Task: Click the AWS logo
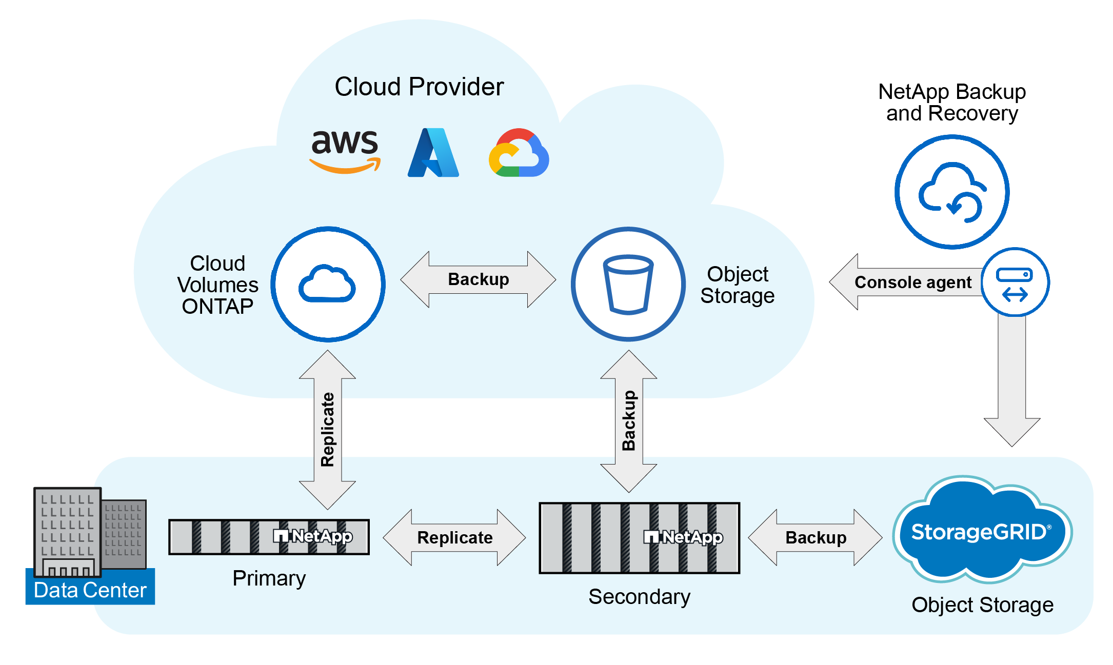(x=345, y=150)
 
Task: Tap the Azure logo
(x=433, y=153)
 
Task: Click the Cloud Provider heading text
(x=419, y=87)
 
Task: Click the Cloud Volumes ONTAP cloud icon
(x=328, y=284)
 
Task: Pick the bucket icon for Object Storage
(x=628, y=284)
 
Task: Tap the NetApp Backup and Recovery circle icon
(x=952, y=192)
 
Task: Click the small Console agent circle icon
(x=1015, y=283)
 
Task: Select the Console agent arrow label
(x=912, y=283)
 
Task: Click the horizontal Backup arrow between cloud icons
(x=478, y=279)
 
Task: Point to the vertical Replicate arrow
(x=327, y=430)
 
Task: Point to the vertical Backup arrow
(x=628, y=421)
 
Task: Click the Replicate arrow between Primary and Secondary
(x=454, y=537)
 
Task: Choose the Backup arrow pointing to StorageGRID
(x=816, y=537)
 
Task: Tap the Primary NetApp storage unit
(x=269, y=537)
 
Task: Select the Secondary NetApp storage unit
(x=639, y=537)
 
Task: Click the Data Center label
(x=90, y=590)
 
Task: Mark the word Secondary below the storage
(x=639, y=597)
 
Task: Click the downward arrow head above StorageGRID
(x=1011, y=431)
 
